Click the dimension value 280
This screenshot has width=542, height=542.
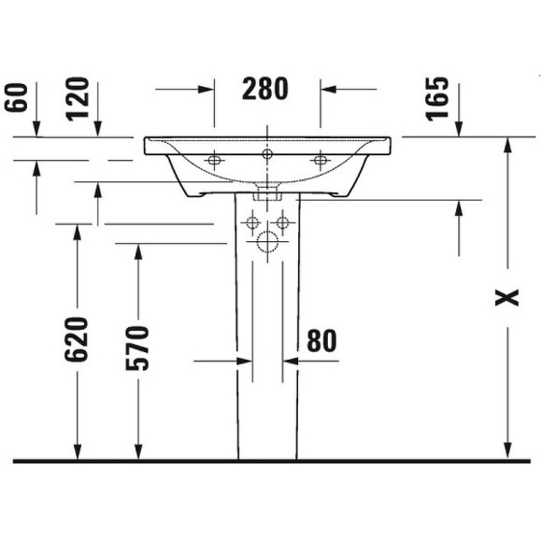tap(265, 89)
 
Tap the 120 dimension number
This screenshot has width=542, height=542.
tap(78, 99)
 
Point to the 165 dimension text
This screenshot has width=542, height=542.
tap(437, 99)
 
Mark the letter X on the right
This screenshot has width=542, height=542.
tap(506, 297)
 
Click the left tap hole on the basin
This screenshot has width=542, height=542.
tap(215, 161)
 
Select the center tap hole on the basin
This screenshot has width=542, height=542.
tap(267, 154)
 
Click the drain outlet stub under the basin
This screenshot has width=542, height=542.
tap(267, 193)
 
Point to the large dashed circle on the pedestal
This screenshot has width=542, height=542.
tap(267, 244)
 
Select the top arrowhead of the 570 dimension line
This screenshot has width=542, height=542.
tap(138, 250)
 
